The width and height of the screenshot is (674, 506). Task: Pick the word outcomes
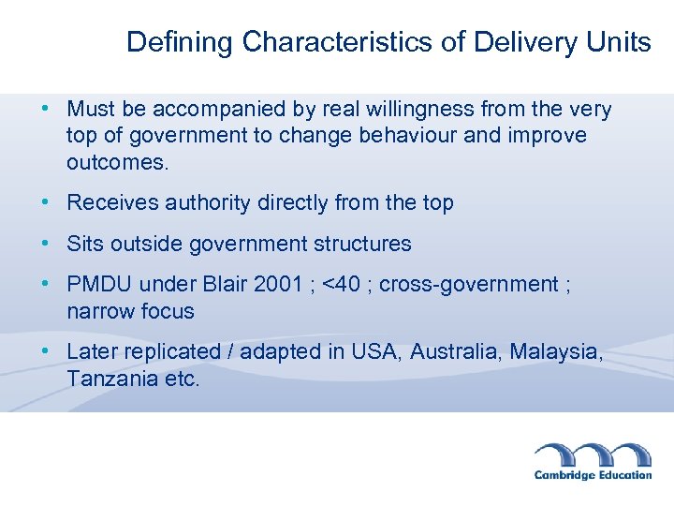click(118, 162)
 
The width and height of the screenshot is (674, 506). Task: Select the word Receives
click(113, 203)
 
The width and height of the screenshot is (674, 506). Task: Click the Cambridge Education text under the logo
click(593, 475)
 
